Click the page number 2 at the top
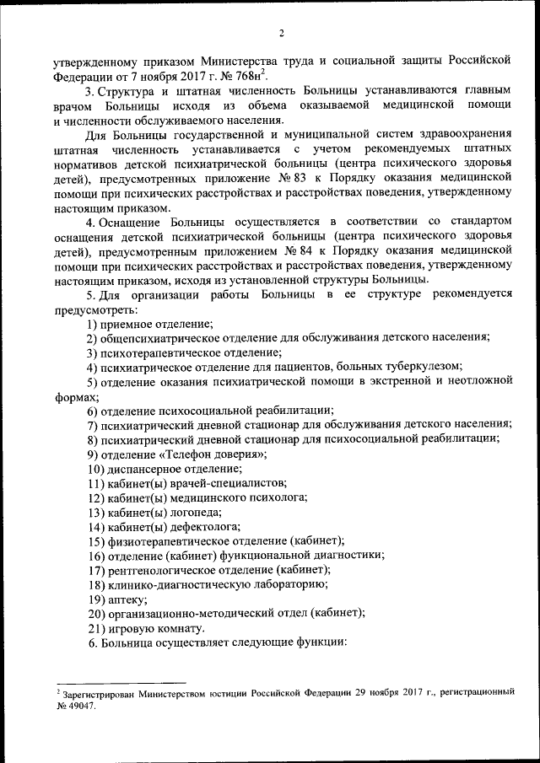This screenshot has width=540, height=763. coord(282,33)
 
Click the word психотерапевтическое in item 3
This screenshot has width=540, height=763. coord(164,353)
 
